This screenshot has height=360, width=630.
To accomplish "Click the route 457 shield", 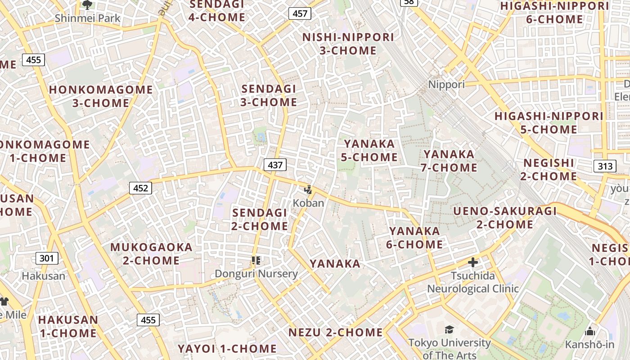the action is tap(300, 13).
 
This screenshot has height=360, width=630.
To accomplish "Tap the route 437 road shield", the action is tap(275, 165).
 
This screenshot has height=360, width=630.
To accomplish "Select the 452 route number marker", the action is tap(140, 188).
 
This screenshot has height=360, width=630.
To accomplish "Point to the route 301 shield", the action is tap(46, 258).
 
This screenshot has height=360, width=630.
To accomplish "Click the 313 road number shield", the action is tap(605, 166).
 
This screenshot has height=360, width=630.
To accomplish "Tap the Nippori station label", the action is tap(446, 85).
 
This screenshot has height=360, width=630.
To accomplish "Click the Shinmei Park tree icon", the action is tap(87, 5).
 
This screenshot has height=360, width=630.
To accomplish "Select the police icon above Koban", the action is tap(308, 190).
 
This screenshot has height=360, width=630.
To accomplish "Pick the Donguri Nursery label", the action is tap(256, 274).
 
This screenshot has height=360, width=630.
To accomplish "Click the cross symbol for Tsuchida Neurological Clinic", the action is tap(472, 262).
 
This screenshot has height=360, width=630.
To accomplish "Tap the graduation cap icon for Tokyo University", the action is tap(449, 330).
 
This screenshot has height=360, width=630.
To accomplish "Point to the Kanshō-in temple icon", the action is tap(589, 332).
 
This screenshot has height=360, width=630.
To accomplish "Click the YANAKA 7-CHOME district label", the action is tap(449, 161).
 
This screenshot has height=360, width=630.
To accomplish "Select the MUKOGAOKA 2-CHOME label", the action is tap(151, 254).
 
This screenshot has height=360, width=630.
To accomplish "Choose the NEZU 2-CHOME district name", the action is tap(335, 333).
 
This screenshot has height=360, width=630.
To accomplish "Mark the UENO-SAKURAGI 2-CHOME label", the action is tap(505, 218).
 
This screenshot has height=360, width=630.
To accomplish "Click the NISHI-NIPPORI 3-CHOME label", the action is tap(348, 44).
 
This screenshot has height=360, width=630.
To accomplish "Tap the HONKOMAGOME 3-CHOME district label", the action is tap(101, 96).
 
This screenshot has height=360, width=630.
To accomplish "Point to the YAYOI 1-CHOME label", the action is tap(227, 349).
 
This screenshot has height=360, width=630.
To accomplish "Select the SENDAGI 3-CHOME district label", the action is tap(269, 95).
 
